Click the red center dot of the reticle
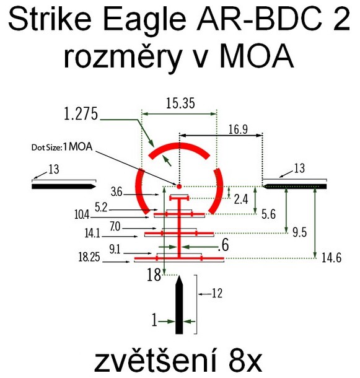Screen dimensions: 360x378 tap(179, 187)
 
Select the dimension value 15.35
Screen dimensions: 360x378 tap(180, 103)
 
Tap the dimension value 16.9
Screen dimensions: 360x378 tap(238, 130)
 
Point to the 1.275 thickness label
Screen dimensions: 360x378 tap(81, 114)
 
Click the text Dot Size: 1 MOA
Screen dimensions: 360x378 tap(62, 147)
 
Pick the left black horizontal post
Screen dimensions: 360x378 tap(64, 187)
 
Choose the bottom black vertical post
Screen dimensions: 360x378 tap(179, 305)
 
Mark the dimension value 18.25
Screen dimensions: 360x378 tap(89, 257)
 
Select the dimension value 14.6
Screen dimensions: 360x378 tap(331, 258)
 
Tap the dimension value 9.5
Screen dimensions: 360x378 tap(299, 232)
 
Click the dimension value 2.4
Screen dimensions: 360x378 tap(241, 200)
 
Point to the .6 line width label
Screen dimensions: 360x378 tap(223, 245)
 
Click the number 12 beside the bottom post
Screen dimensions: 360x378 tap(217, 293)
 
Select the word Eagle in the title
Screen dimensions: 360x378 tap(144, 20)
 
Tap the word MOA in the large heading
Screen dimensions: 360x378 tap(257, 56)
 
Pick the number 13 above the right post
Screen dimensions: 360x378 tap(299, 168)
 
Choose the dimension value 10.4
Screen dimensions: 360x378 tap(82, 214)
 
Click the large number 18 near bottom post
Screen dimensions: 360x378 tap(154, 275)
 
